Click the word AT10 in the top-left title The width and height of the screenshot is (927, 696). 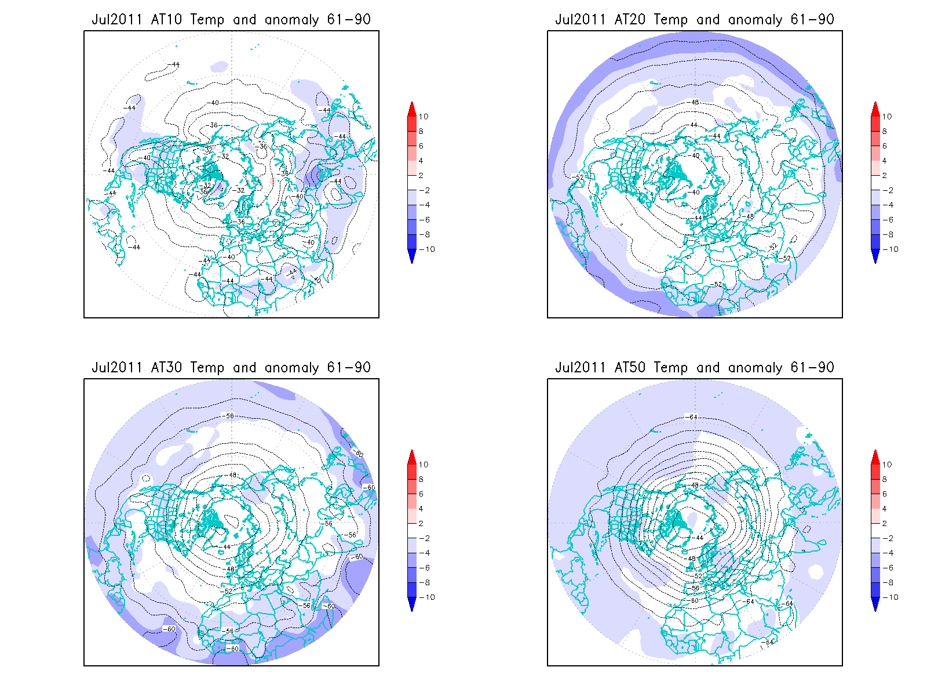click(166, 20)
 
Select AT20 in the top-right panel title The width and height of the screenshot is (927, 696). click(630, 20)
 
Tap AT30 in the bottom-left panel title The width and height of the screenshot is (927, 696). click(166, 368)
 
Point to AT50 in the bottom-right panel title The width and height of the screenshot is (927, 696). click(630, 368)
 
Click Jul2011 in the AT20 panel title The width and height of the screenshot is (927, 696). click(580, 20)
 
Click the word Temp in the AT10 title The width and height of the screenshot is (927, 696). click(207, 20)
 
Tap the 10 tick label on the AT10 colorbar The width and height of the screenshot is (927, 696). click(424, 117)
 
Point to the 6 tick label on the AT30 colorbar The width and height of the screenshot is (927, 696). click(421, 494)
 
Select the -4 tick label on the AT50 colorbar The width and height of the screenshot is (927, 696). click(888, 553)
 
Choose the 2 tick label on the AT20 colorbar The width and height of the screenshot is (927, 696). click(885, 176)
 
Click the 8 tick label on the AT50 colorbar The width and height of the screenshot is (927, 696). click(885, 480)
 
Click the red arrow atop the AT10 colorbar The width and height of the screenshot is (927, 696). click(412, 108)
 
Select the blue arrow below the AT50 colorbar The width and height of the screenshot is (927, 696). click(875, 604)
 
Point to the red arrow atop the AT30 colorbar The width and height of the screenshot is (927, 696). click(412, 456)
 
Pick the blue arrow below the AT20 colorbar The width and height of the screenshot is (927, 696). click(875, 256)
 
